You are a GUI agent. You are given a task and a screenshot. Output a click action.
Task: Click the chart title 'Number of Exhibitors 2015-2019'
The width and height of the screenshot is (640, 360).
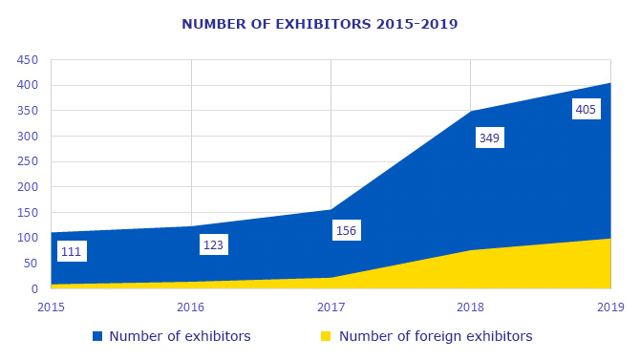[319, 23]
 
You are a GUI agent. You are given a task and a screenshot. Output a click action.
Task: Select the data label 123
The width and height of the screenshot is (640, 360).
[213, 245]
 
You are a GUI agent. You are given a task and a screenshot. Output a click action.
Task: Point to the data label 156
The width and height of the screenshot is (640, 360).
[346, 230]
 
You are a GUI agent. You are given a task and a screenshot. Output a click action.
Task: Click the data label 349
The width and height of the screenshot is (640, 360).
[489, 138]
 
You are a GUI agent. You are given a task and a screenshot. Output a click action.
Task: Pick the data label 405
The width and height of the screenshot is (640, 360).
[586, 110]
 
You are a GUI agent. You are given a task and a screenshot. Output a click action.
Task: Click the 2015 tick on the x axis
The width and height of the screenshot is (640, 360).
[52, 307]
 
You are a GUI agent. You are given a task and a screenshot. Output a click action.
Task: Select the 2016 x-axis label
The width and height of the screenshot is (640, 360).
[191, 307]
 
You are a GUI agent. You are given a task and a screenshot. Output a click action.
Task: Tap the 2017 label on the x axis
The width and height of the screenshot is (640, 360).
[331, 307]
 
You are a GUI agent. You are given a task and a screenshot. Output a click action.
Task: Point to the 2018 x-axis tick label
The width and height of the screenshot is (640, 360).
[471, 307]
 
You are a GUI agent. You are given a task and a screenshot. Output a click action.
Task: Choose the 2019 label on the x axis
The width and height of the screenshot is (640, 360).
[609, 307]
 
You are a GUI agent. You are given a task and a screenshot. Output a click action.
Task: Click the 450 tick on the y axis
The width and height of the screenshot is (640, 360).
[27, 60]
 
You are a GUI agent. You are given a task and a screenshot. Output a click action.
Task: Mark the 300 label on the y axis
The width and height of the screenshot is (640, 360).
[27, 137]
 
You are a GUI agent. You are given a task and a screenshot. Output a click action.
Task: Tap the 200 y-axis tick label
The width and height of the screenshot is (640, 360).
[27, 187]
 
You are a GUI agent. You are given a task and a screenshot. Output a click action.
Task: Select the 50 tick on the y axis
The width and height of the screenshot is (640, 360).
[31, 264]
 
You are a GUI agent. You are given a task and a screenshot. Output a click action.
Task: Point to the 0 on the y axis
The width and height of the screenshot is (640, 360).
[34, 289]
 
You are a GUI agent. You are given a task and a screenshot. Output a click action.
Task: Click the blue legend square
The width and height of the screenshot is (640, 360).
[96, 336]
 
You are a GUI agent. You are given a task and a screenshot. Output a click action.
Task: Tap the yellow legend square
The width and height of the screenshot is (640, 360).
[326, 336]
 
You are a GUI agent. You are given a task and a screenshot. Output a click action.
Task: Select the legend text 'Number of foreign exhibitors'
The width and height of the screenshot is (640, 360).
[436, 336]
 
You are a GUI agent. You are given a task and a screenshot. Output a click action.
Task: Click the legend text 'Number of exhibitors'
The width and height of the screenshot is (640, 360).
[180, 336]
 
